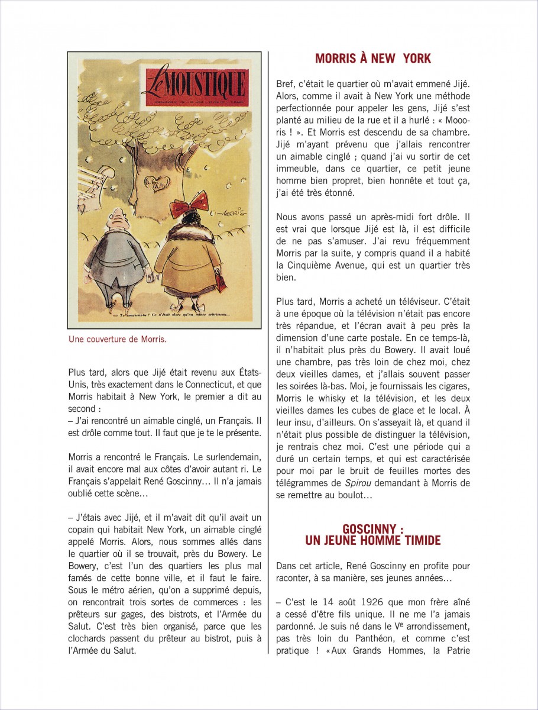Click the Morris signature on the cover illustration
233,208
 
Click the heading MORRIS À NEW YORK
373,59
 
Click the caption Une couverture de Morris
118,340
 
